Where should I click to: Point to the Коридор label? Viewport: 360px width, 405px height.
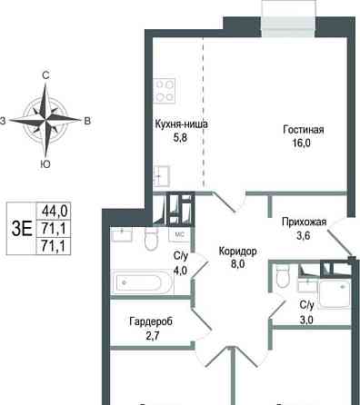[x=239, y=251]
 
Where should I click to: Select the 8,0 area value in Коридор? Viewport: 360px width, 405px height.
[x=239, y=265]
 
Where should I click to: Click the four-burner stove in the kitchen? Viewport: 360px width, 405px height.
[x=165, y=90]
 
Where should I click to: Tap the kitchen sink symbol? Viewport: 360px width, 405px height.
[x=164, y=174]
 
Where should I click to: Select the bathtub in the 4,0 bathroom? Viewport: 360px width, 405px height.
[x=137, y=282]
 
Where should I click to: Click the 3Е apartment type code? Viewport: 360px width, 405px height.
[x=21, y=228]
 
